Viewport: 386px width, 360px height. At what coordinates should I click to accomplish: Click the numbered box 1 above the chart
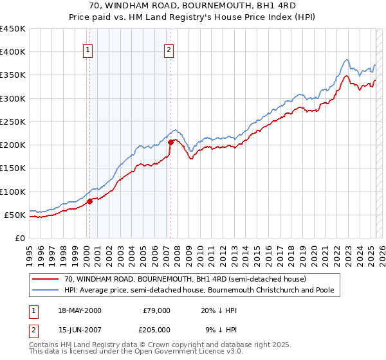click(87, 52)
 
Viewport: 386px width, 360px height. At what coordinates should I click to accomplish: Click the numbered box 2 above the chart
click(169, 52)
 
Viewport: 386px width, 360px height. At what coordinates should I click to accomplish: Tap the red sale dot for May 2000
click(90, 201)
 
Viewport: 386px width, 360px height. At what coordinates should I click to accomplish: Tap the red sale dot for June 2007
click(171, 143)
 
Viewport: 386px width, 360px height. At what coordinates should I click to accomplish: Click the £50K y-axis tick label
click(15, 215)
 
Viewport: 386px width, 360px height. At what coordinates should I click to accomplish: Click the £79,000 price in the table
click(156, 310)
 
